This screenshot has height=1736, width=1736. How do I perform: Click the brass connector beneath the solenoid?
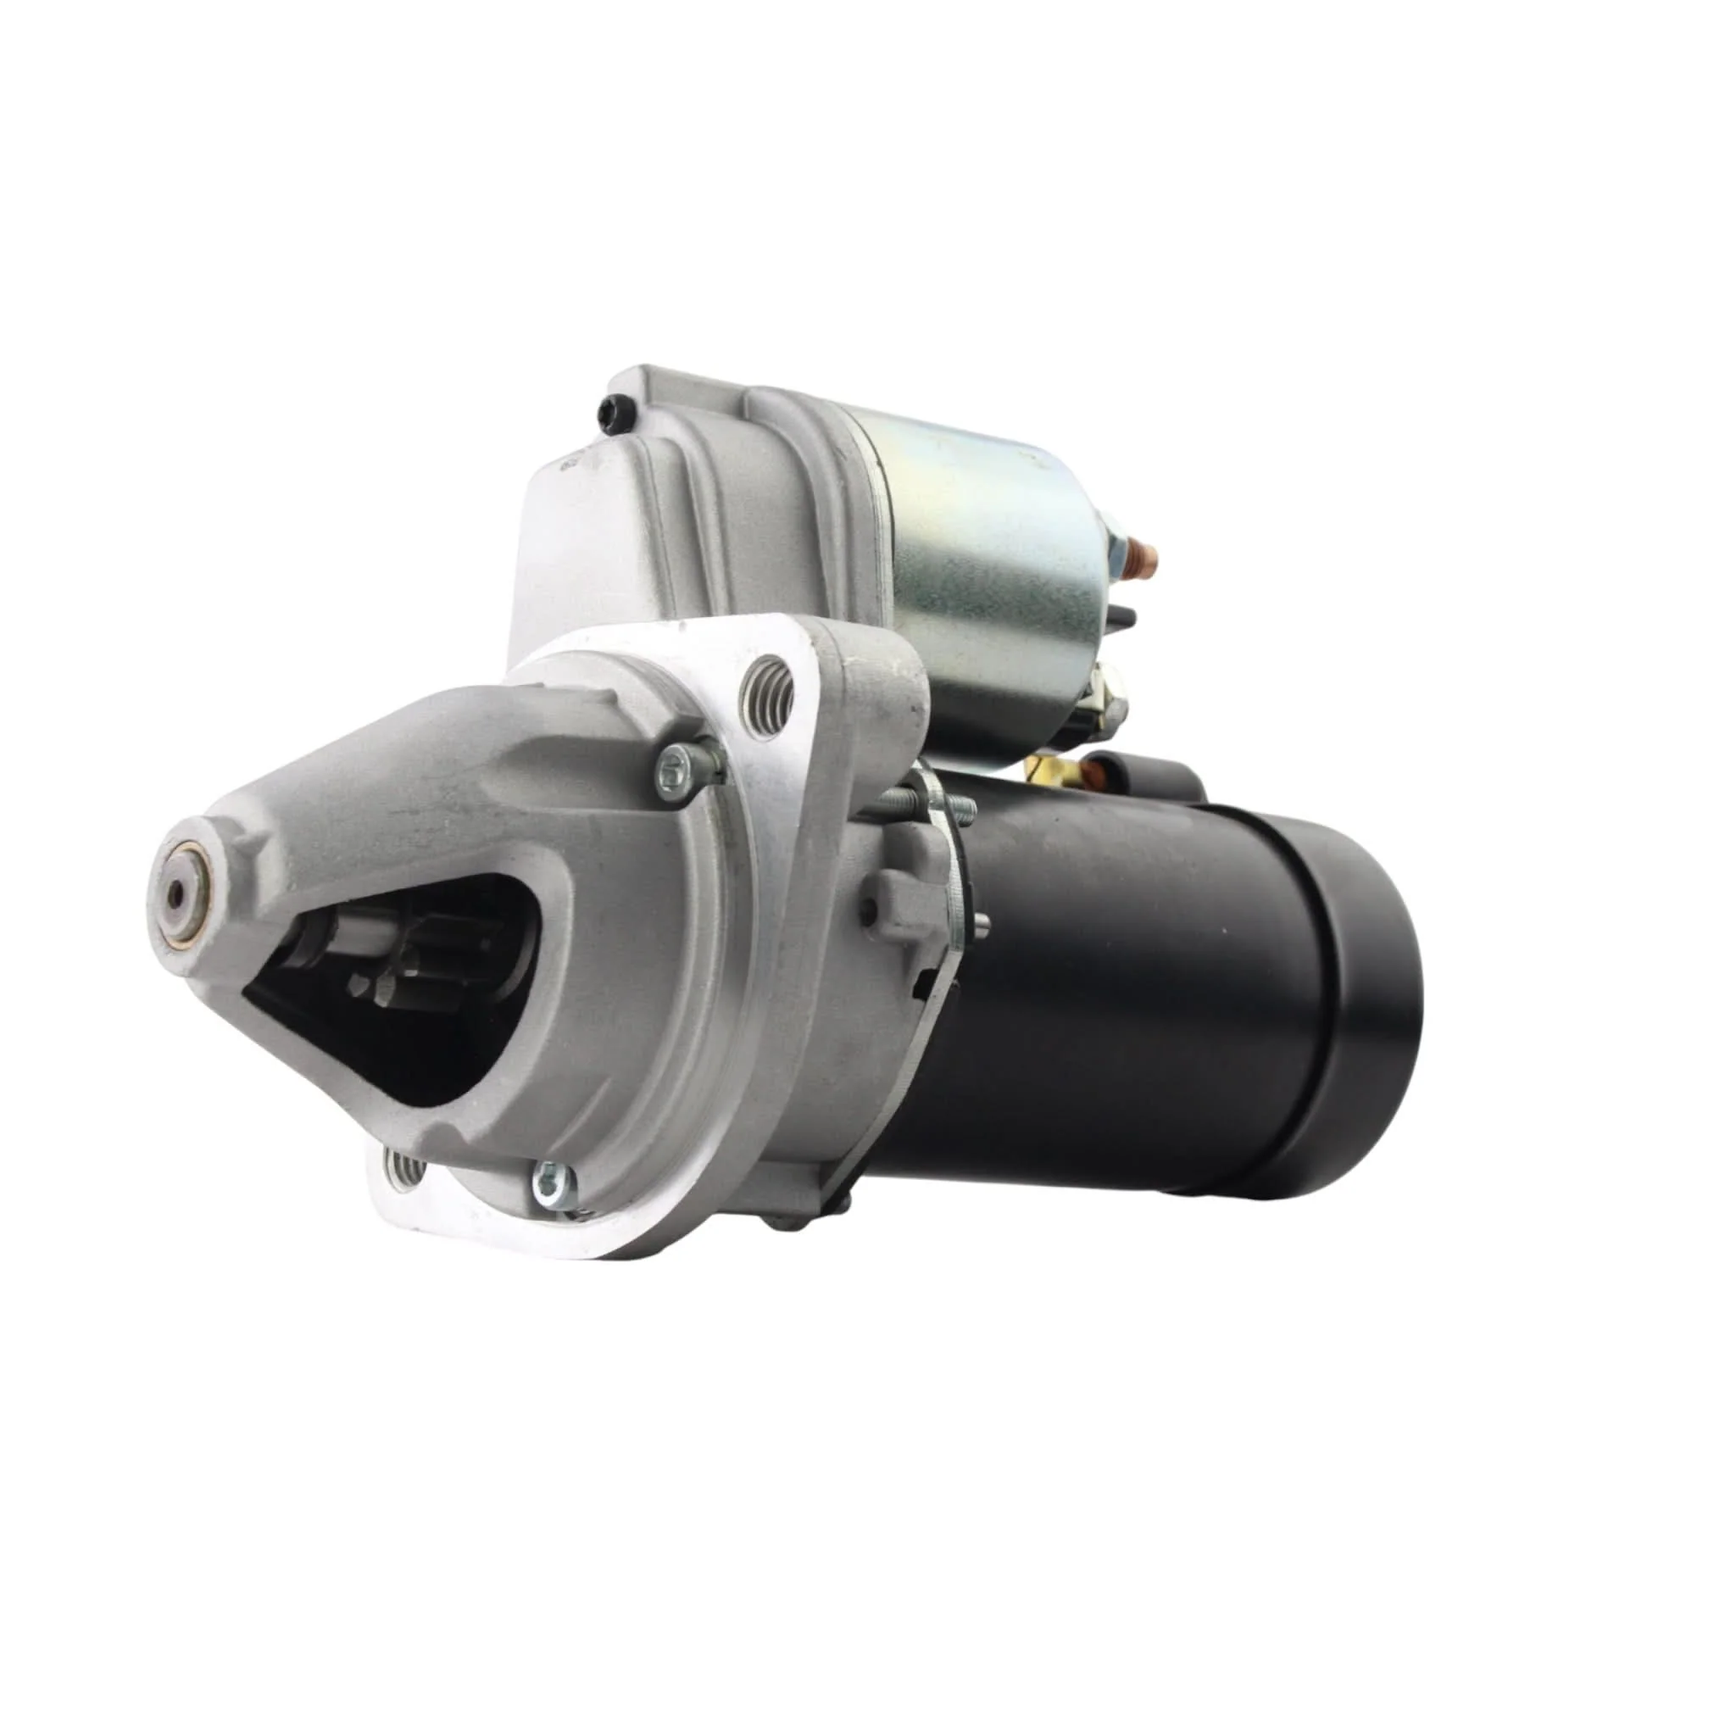[x=1047, y=768]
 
